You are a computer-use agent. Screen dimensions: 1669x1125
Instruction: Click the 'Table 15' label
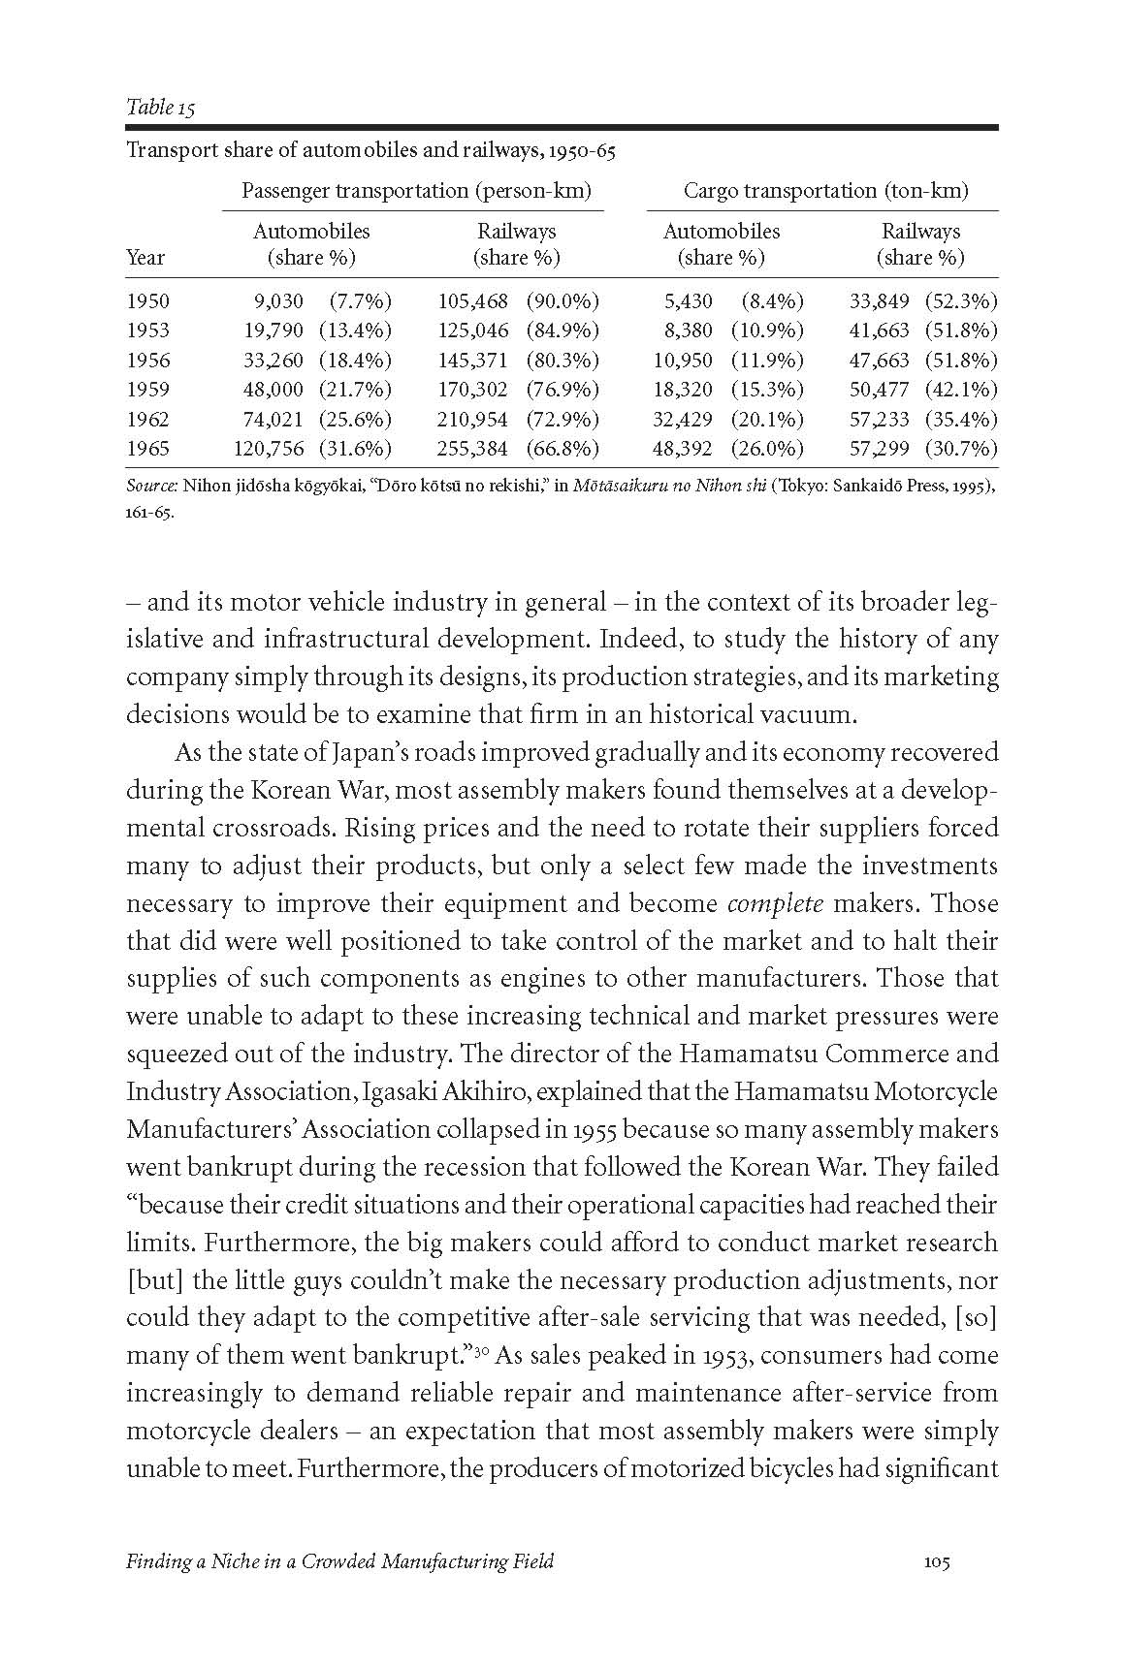pyautogui.click(x=160, y=108)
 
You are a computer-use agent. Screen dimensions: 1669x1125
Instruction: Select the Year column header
pyautogui.click(x=145, y=258)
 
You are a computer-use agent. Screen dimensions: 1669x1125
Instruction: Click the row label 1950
pyautogui.click(x=147, y=301)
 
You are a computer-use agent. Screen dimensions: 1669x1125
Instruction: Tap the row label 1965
pyautogui.click(x=147, y=449)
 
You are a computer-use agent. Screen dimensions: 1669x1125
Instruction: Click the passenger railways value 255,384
pyautogui.click(x=473, y=449)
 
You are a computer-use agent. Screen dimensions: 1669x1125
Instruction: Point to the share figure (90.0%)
pyautogui.click(x=562, y=301)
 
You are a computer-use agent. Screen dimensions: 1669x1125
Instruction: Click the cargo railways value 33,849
pyautogui.click(x=879, y=301)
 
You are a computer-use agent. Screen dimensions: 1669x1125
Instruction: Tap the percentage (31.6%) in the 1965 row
pyautogui.click(x=355, y=449)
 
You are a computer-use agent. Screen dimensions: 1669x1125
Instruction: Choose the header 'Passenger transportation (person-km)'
pyautogui.click(x=416, y=191)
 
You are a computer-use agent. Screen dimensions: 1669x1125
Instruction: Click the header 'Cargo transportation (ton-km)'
pyautogui.click(x=825, y=191)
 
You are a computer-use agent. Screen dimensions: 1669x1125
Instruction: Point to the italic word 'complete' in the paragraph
pyautogui.click(x=775, y=904)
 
